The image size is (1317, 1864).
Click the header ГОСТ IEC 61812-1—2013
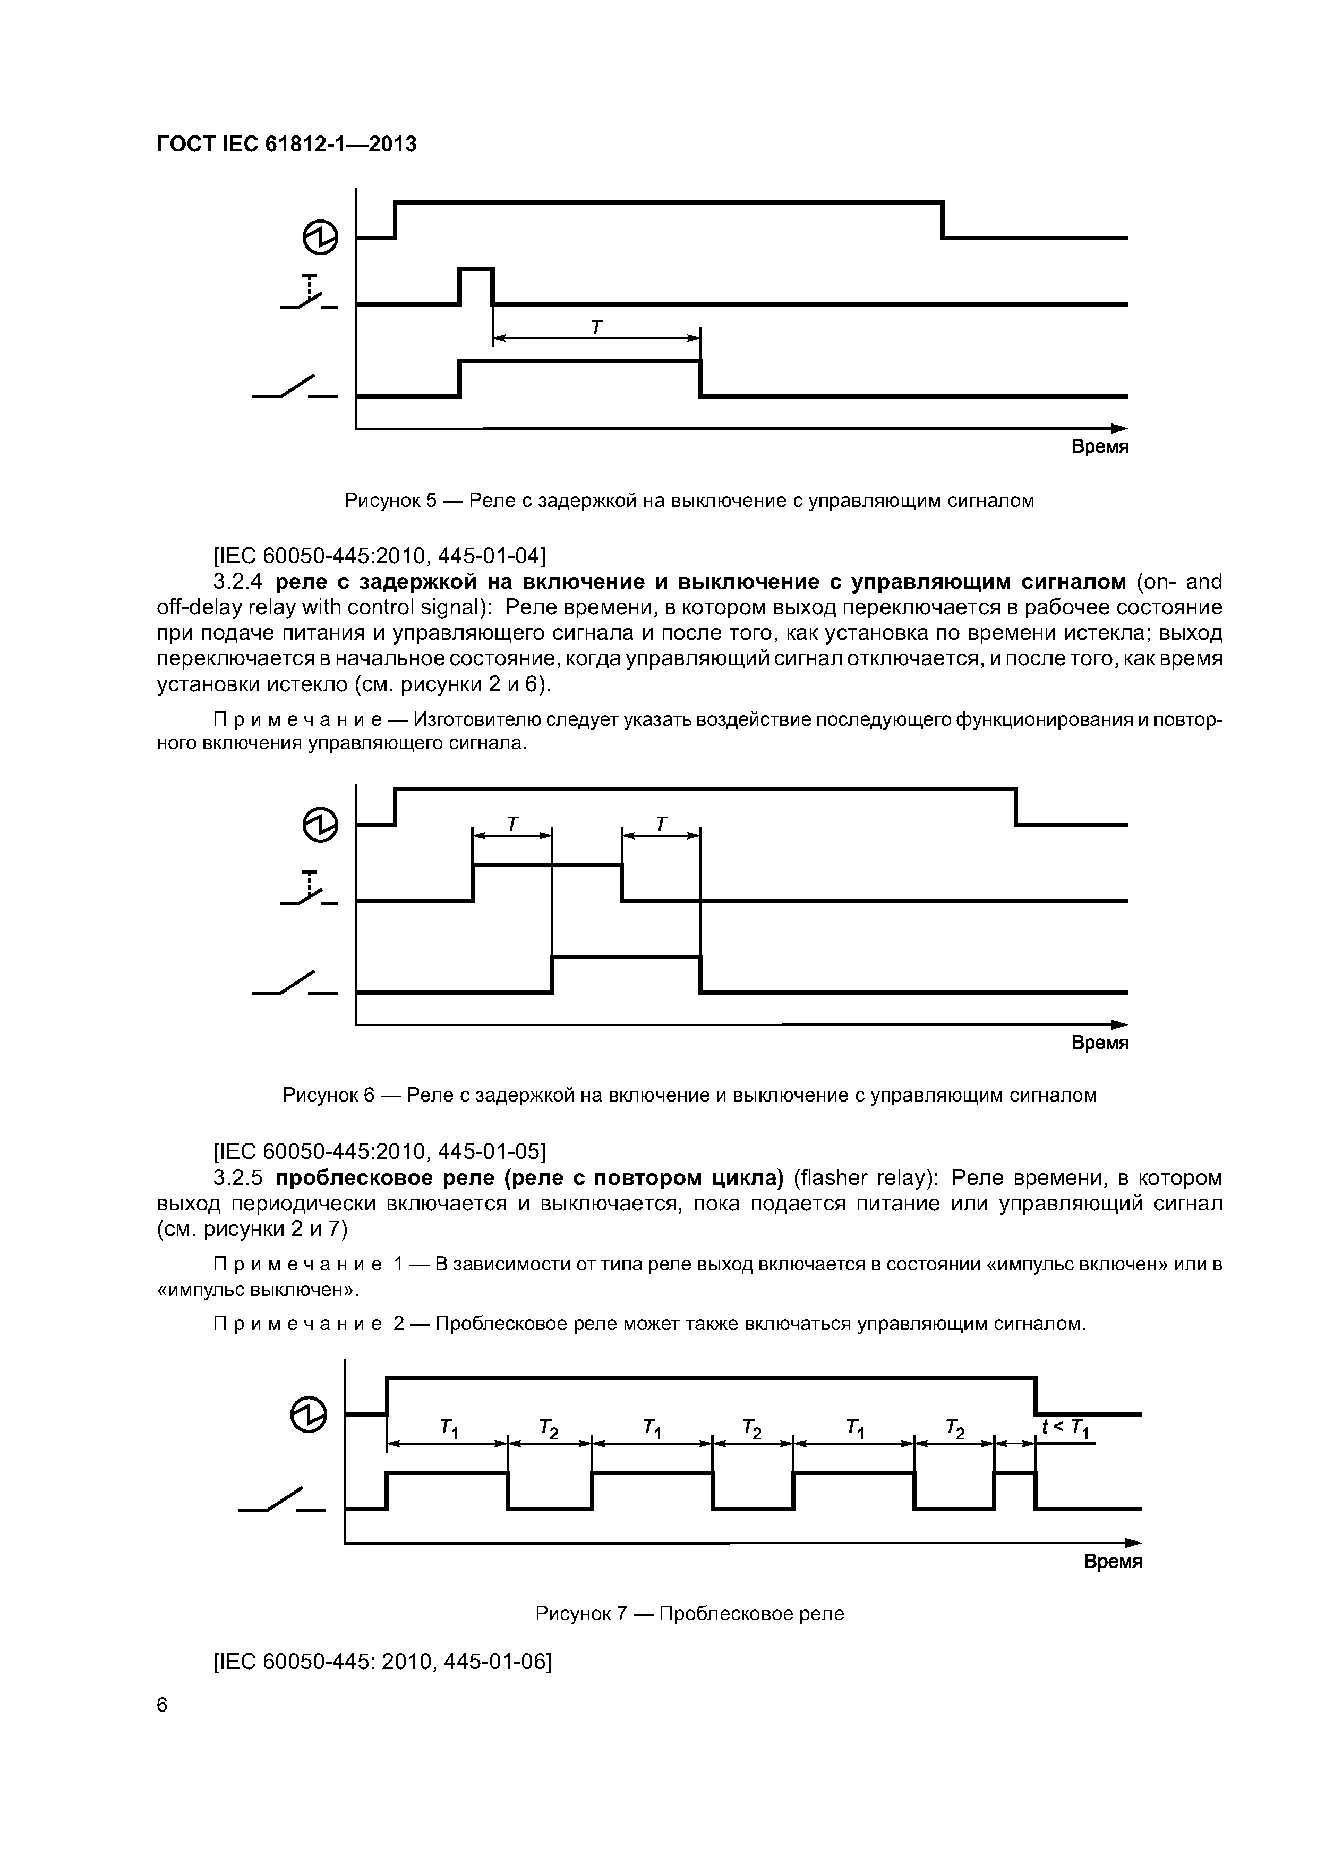[x=286, y=145]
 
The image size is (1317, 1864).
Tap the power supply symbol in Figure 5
[x=321, y=237]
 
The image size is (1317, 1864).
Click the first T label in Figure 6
[x=512, y=824]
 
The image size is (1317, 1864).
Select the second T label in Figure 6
[x=661, y=824]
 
